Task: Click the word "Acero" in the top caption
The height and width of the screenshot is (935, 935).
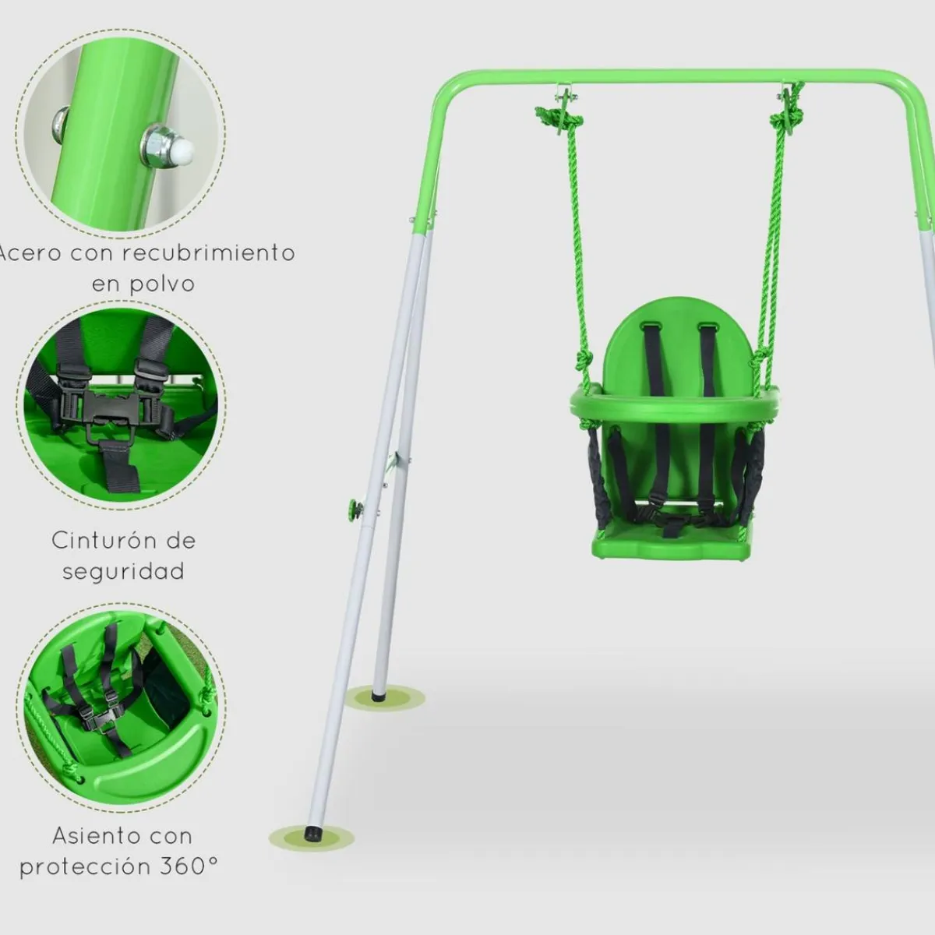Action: (30, 253)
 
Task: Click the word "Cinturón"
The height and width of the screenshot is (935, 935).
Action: (104, 541)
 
